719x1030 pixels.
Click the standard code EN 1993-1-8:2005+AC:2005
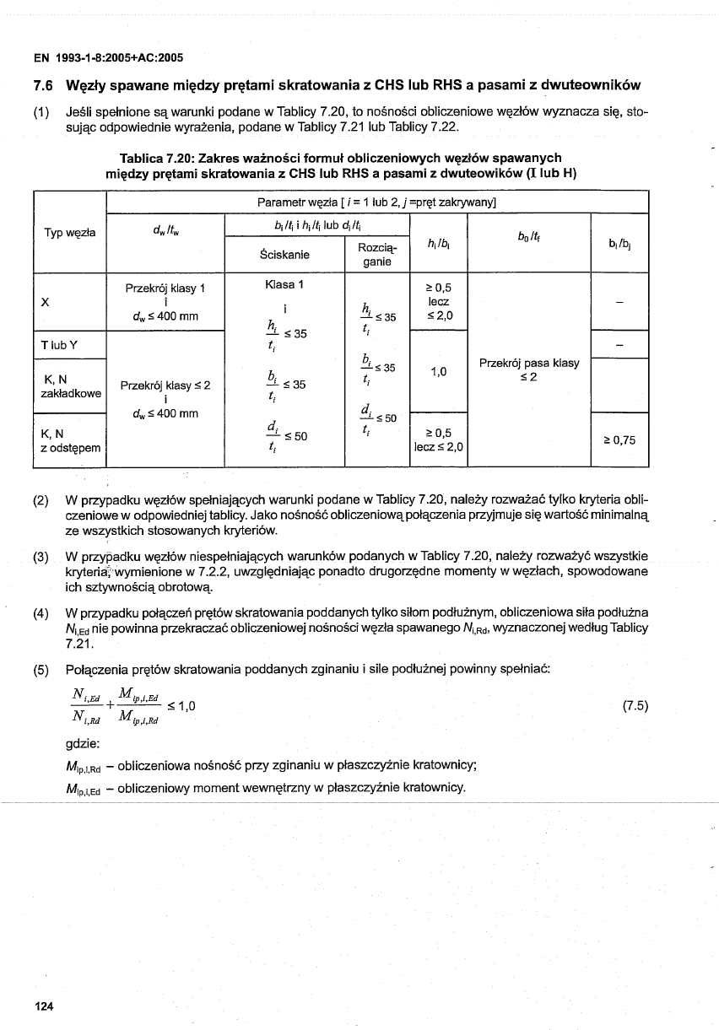108,58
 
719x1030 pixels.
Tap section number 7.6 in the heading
43,85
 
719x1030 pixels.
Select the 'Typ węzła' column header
69,231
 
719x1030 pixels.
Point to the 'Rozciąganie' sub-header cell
376,254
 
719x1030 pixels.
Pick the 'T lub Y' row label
54,344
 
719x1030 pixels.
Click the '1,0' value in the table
438,370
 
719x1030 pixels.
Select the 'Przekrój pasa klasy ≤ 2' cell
528,369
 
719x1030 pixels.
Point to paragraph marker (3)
40,556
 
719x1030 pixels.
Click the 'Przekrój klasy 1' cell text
165,288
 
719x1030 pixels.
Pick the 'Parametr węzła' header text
295,202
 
